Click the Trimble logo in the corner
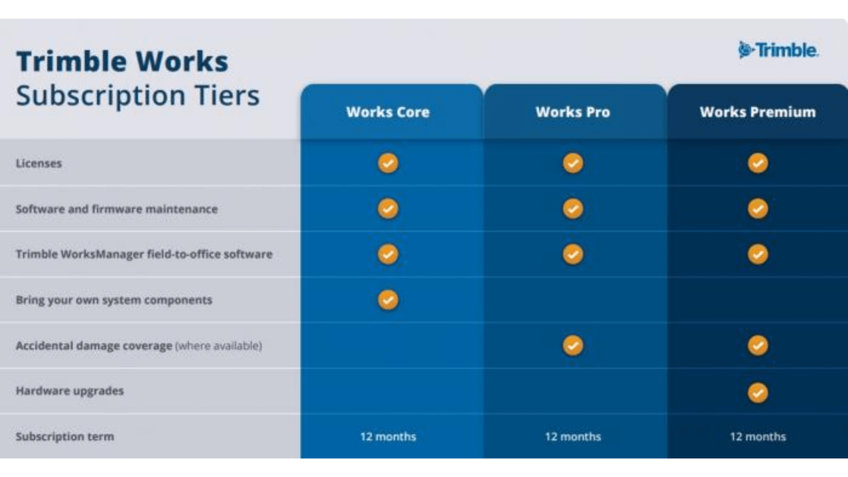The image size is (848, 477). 778,51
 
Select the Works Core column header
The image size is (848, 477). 388,112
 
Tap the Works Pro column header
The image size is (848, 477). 573,112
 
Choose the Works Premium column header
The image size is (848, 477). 757,112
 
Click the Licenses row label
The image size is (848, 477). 39,164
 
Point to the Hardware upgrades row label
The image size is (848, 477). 70,391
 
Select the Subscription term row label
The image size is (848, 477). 65,436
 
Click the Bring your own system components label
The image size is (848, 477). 114,300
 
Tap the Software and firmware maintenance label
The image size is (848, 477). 117,209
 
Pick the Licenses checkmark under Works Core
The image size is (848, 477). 388,163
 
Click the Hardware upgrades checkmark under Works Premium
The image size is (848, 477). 758,393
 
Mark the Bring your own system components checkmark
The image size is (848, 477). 388,300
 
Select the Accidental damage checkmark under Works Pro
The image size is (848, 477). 573,345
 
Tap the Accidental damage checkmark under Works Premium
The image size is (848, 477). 758,345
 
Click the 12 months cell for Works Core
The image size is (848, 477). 388,436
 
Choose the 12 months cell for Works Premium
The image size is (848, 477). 758,436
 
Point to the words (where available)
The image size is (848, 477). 219,346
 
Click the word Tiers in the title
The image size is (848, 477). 227,96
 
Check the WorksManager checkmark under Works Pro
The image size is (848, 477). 573,254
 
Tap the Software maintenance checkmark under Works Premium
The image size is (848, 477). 758,209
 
